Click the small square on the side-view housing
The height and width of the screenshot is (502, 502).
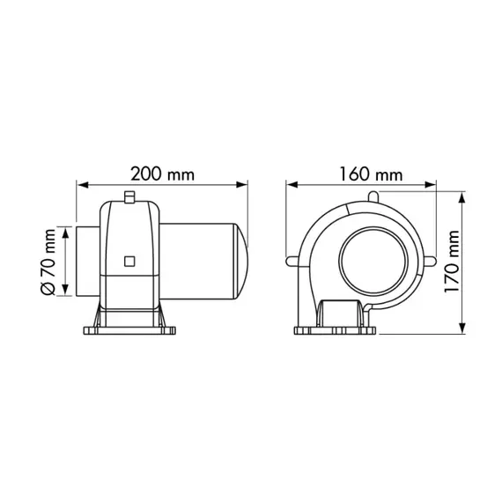pos(130,261)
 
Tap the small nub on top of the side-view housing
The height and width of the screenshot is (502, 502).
pos(129,196)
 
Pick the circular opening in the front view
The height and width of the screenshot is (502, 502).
pos(373,261)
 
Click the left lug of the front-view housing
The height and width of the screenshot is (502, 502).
pos(293,260)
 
